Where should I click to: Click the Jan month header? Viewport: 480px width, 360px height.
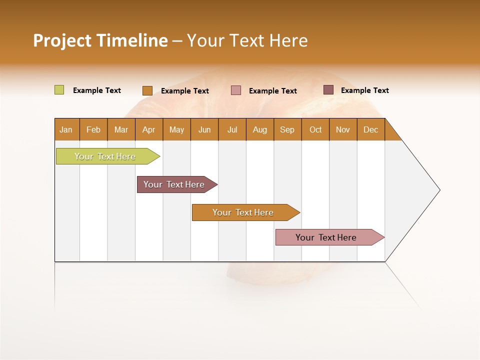click(x=66, y=129)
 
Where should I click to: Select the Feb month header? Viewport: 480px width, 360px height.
click(x=93, y=129)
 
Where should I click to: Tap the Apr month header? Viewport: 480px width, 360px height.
click(x=149, y=129)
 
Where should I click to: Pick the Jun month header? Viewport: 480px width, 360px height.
click(x=204, y=129)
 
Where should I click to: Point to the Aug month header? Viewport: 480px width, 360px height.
click(x=260, y=129)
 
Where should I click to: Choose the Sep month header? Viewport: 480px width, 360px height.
click(x=287, y=129)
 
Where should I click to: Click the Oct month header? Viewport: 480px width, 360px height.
click(x=315, y=129)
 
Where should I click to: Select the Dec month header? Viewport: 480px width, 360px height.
click(x=371, y=129)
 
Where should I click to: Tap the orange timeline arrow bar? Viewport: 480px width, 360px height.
click(x=243, y=212)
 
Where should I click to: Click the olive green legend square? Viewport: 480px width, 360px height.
click(x=59, y=90)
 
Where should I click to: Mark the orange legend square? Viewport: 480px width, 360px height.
click(x=147, y=90)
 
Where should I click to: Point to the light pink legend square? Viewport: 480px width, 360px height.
click(x=236, y=90)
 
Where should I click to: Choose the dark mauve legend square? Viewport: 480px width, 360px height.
click(x=328, y=90)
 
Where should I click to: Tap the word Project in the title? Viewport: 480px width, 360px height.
click(x=62, y=40)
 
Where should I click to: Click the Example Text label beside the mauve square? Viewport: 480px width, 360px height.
click(x=365, y=90)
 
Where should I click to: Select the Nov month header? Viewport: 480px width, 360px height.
click(x=343, y=129)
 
